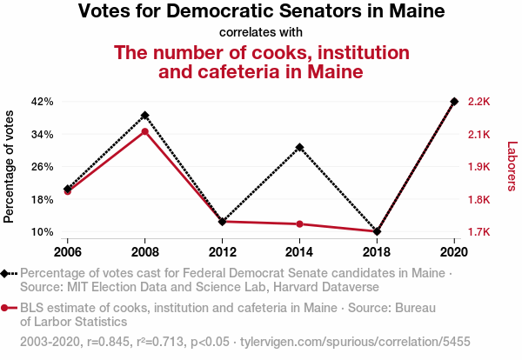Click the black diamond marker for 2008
[x=145, y=116]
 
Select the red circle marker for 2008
[x=145, y=131]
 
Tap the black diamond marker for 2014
[x=299, y=148]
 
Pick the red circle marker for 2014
[x=299, y=224]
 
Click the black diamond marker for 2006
[x=68, y=189]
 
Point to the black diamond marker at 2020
[x=454, y=102]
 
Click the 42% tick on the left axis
[x=43, y=102]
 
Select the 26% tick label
[x=43, y=167]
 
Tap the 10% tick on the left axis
[x=43, y=232]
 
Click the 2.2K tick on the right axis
[x=479, y=102]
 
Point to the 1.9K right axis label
[x=479, y=167]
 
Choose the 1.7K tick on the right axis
[x=479, y=232]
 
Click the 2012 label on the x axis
[x=223, y=251]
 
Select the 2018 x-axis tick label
[x=377, y=251]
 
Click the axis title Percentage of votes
[x=10, y=167]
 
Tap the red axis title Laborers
[x=512, y=167]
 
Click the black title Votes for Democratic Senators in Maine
[x=261, y=12]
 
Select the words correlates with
[x=261, y=33]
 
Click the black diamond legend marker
[x=9, y=273]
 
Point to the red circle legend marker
[x=9, y=308]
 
